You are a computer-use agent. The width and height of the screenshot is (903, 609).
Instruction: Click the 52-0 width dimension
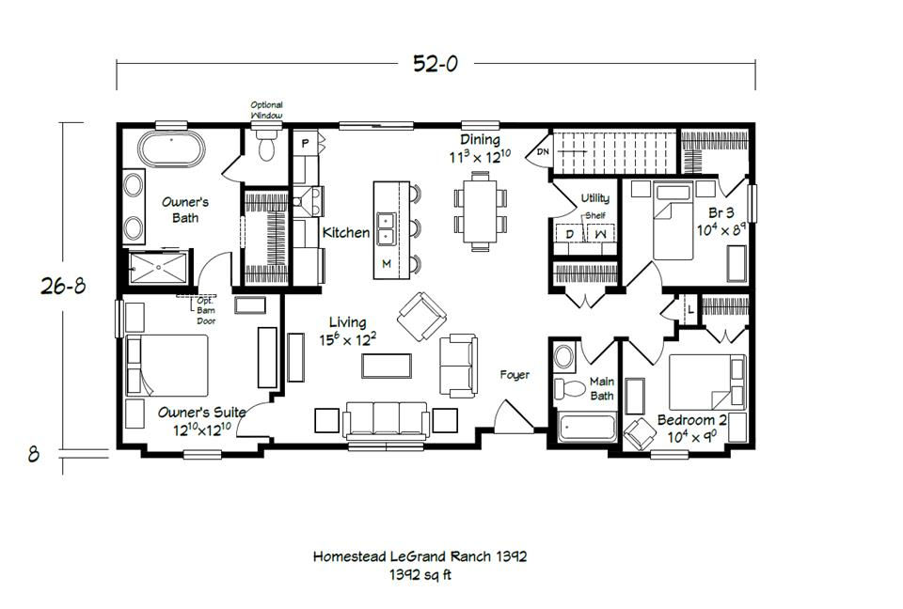tap(436, 63)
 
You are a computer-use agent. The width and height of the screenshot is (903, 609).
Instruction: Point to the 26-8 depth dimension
tap(63, 285)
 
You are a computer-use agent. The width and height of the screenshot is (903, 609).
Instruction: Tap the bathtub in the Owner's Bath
tap(171, 149)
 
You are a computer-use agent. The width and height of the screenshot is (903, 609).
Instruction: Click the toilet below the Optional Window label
tap(266, 146)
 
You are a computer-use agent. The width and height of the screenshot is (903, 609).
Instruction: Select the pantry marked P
tap(305, 143)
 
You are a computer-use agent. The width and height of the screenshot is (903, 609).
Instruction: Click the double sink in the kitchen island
tap(386, 228)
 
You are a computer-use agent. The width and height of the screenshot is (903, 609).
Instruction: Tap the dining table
tap(481, 211)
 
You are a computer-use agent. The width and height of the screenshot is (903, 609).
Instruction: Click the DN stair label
tap(543, 152)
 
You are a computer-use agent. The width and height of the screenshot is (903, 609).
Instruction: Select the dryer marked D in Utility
tap(570, 234)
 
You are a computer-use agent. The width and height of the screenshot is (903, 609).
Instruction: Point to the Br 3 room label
tap(721, 213)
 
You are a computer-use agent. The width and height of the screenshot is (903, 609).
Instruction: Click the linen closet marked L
tap(689, 310)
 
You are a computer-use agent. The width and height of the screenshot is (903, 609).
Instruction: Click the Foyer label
tap(515, 375)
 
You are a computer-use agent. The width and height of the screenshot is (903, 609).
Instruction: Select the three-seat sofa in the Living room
tap(386, 419)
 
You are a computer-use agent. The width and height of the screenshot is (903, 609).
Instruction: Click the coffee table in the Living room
tap(387, 366)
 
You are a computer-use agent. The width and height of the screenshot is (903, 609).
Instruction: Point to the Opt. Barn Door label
tap(206, 311)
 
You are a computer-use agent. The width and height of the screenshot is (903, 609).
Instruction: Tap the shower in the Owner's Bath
tap(158, 268)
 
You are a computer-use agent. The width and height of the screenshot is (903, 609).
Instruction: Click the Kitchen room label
tap(346, 232)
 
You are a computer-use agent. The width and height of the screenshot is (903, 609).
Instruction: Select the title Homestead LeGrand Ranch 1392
tap(420, 556)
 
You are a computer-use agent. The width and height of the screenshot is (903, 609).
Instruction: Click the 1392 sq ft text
tap(420, 574)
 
